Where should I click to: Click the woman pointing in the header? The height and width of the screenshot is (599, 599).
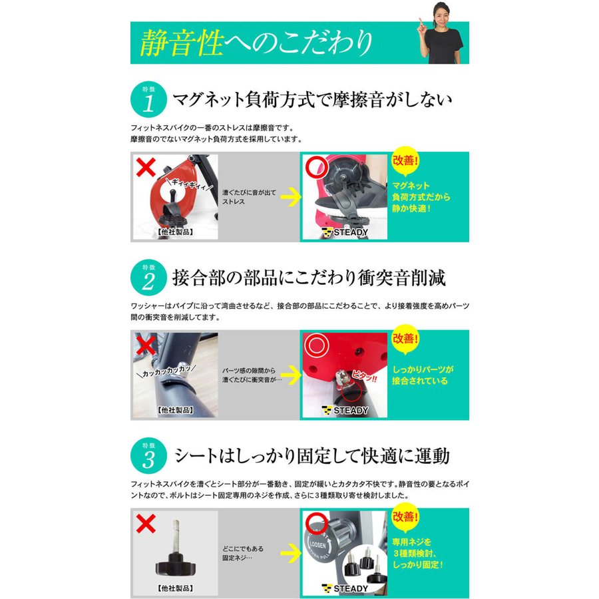443,35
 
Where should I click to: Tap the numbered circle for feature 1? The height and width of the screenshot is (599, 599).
148,99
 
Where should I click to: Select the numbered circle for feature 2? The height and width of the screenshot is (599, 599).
148,278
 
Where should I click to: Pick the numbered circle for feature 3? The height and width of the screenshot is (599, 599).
148,456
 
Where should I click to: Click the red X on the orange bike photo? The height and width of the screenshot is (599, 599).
146,167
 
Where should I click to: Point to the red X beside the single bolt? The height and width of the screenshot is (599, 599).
146,523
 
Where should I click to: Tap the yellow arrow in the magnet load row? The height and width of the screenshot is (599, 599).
291,197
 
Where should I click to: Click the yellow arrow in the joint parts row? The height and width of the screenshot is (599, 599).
291,375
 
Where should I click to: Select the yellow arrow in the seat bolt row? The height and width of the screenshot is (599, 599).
291,553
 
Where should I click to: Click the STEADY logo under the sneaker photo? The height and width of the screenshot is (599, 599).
345,232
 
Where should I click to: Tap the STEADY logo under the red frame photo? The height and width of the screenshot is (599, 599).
345,411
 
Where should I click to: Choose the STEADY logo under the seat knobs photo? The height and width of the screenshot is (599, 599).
345,589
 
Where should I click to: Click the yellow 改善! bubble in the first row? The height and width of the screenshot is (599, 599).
405,161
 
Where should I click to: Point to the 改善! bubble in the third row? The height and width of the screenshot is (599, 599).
405,517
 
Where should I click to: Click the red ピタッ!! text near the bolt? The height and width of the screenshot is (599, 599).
364,376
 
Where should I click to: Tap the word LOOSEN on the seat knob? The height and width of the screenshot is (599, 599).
317,544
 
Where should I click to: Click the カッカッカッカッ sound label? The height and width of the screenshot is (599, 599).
167,371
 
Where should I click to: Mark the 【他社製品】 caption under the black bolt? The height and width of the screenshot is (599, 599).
175,588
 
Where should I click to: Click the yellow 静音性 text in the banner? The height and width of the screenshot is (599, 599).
182,43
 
